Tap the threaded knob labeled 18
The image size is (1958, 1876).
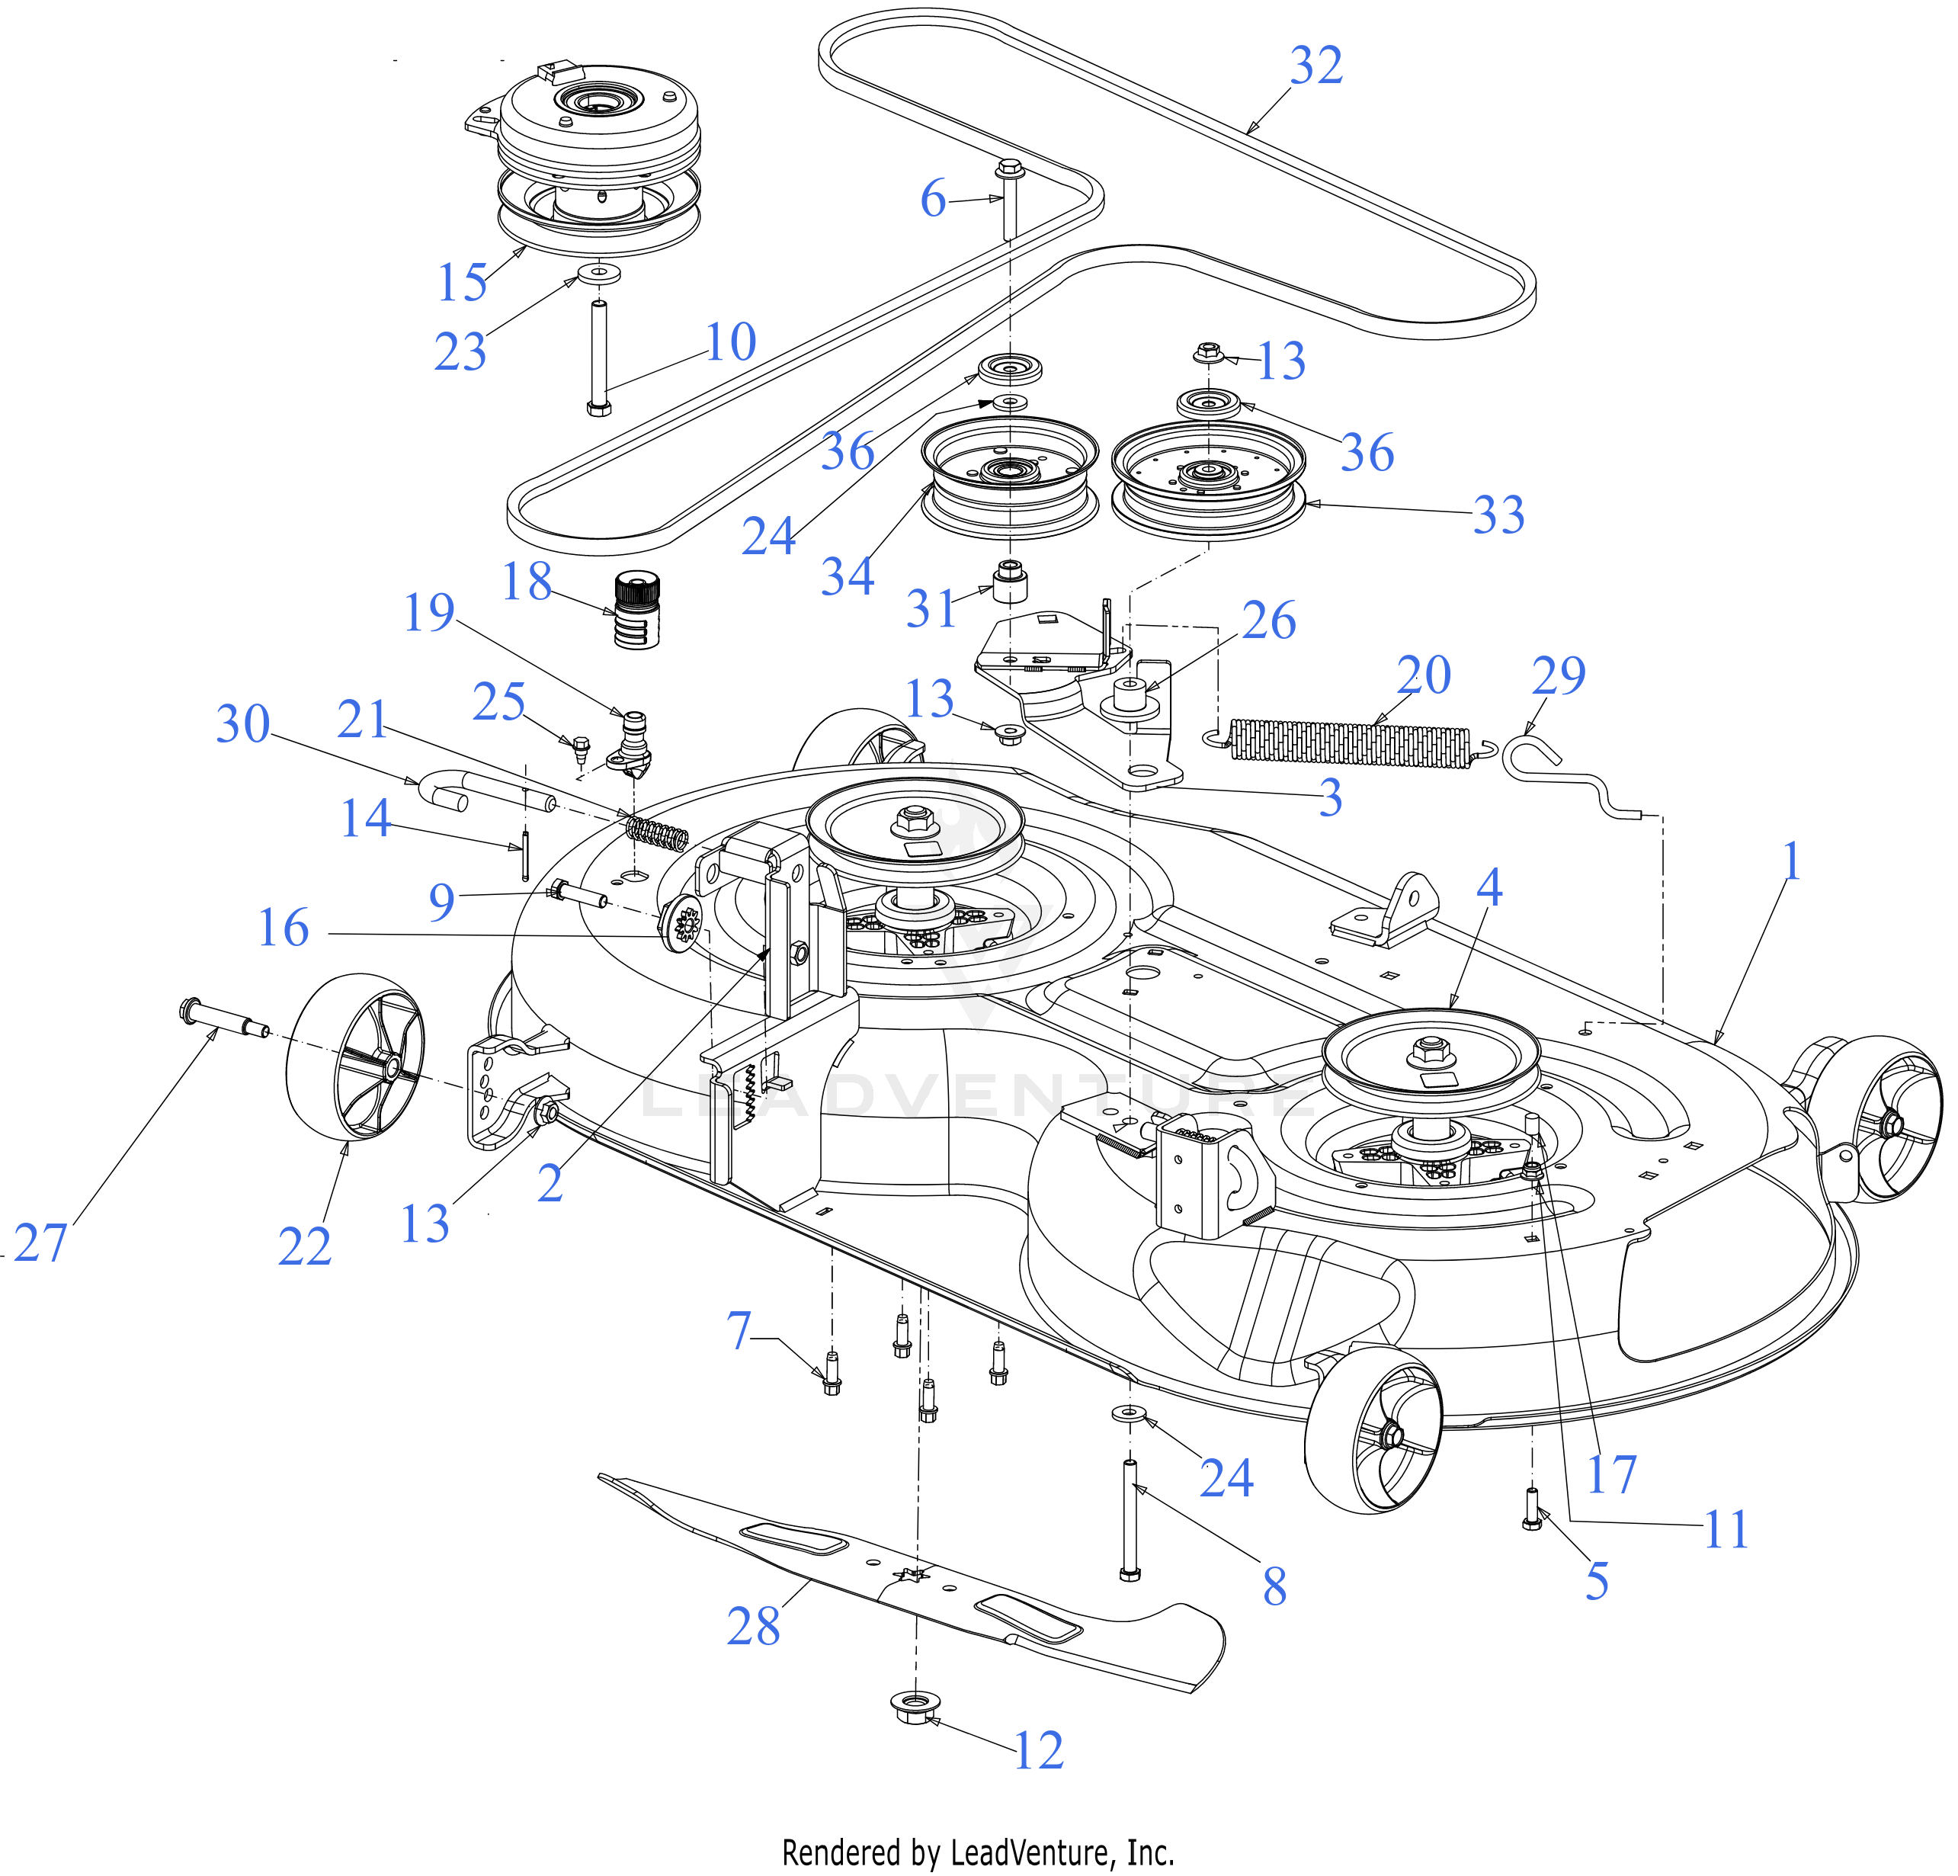[637, 611]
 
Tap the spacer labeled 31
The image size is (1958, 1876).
[1010, 580]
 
